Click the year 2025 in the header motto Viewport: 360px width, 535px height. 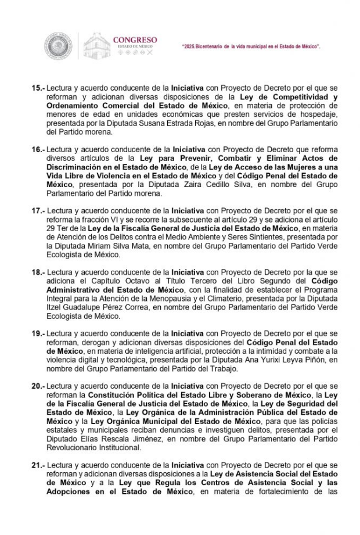pyautogui.click(x=190, y=45)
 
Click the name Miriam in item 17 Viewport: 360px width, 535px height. pyautogui.click(x=87, y=246)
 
